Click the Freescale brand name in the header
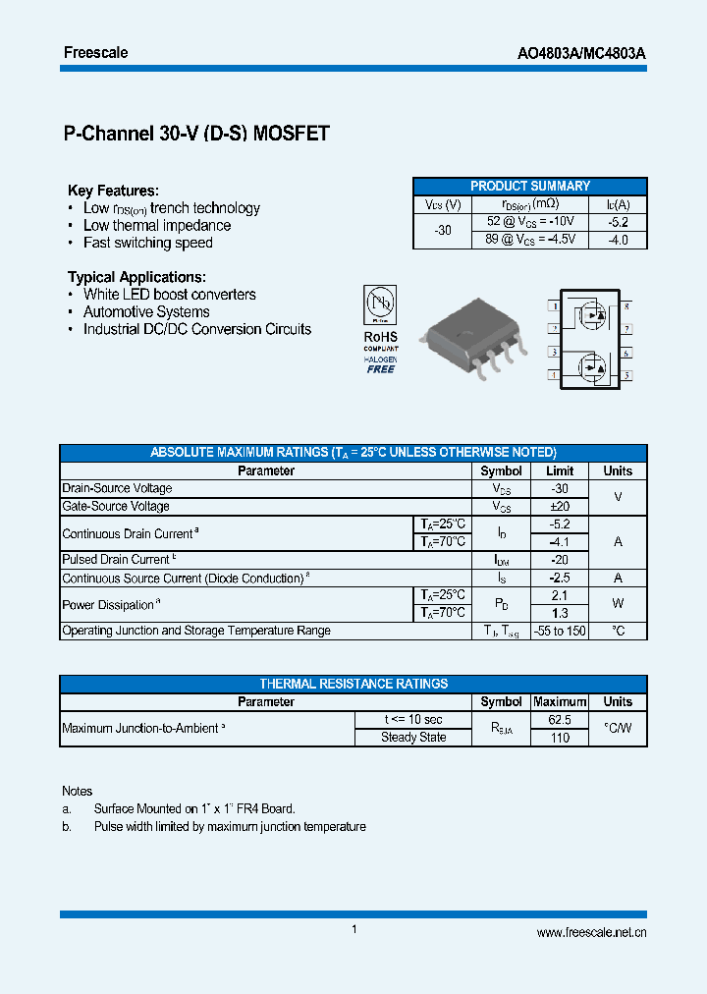[x=95, y=52]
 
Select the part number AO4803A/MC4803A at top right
[x=581, y=53]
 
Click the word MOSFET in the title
[x=291, y=135]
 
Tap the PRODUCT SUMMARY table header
[x=529, y=186]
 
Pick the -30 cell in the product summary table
[x=443, y=231]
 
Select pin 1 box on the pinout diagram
[x=555, y=306]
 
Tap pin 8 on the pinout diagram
[x=626, y=306]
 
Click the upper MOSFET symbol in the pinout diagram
[x=591, y=315]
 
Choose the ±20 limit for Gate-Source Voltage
[x=559, y=507]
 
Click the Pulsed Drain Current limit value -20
[x=559, y=560]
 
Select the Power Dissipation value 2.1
[x=559, y=595]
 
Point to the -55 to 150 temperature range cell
[x=559, y=631]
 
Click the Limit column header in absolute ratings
[x=559, y=471]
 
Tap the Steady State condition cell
[x=413, y=738]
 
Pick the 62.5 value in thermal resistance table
[x=559, y=720]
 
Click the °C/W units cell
[x=618, y=729]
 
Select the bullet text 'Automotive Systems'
[x=146, y=312]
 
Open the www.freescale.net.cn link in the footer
[x=591, y=933]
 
